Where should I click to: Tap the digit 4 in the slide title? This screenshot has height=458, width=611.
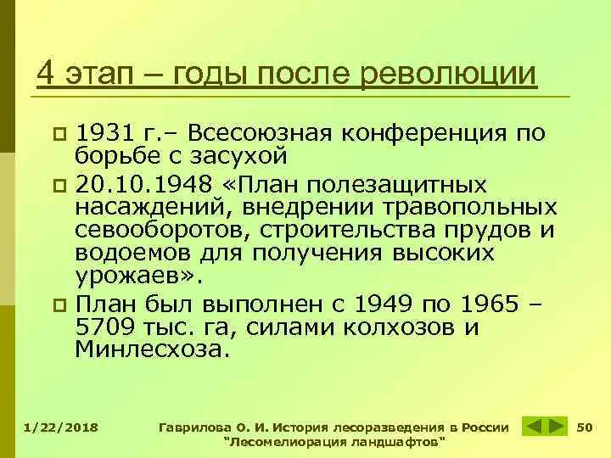click(x=47, y=75)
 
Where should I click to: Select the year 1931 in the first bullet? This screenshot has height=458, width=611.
click(x=103, y=133)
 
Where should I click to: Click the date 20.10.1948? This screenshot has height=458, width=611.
click(x=133, y=186)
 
